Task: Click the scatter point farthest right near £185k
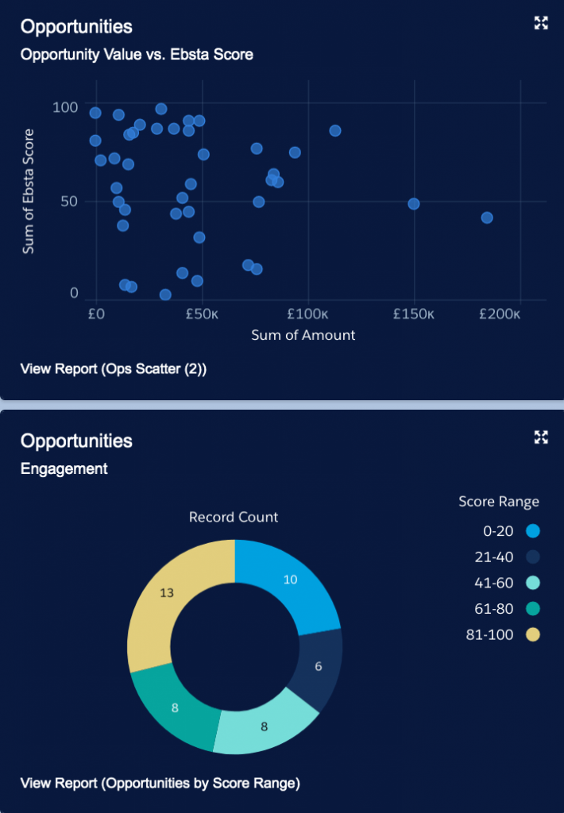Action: point(487,218)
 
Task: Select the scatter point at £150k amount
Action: point(413,204)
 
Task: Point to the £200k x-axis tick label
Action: point(500,314)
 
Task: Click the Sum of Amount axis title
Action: point(303,335)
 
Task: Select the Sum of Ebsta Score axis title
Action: point(29,191)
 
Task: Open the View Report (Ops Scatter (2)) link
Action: point(114,368)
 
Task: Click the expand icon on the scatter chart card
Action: point(541,23)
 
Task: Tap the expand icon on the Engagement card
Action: point(541,437)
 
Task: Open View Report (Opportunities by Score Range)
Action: point(160,784)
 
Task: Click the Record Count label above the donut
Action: point(234,517)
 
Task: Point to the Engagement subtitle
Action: point(64,468)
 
